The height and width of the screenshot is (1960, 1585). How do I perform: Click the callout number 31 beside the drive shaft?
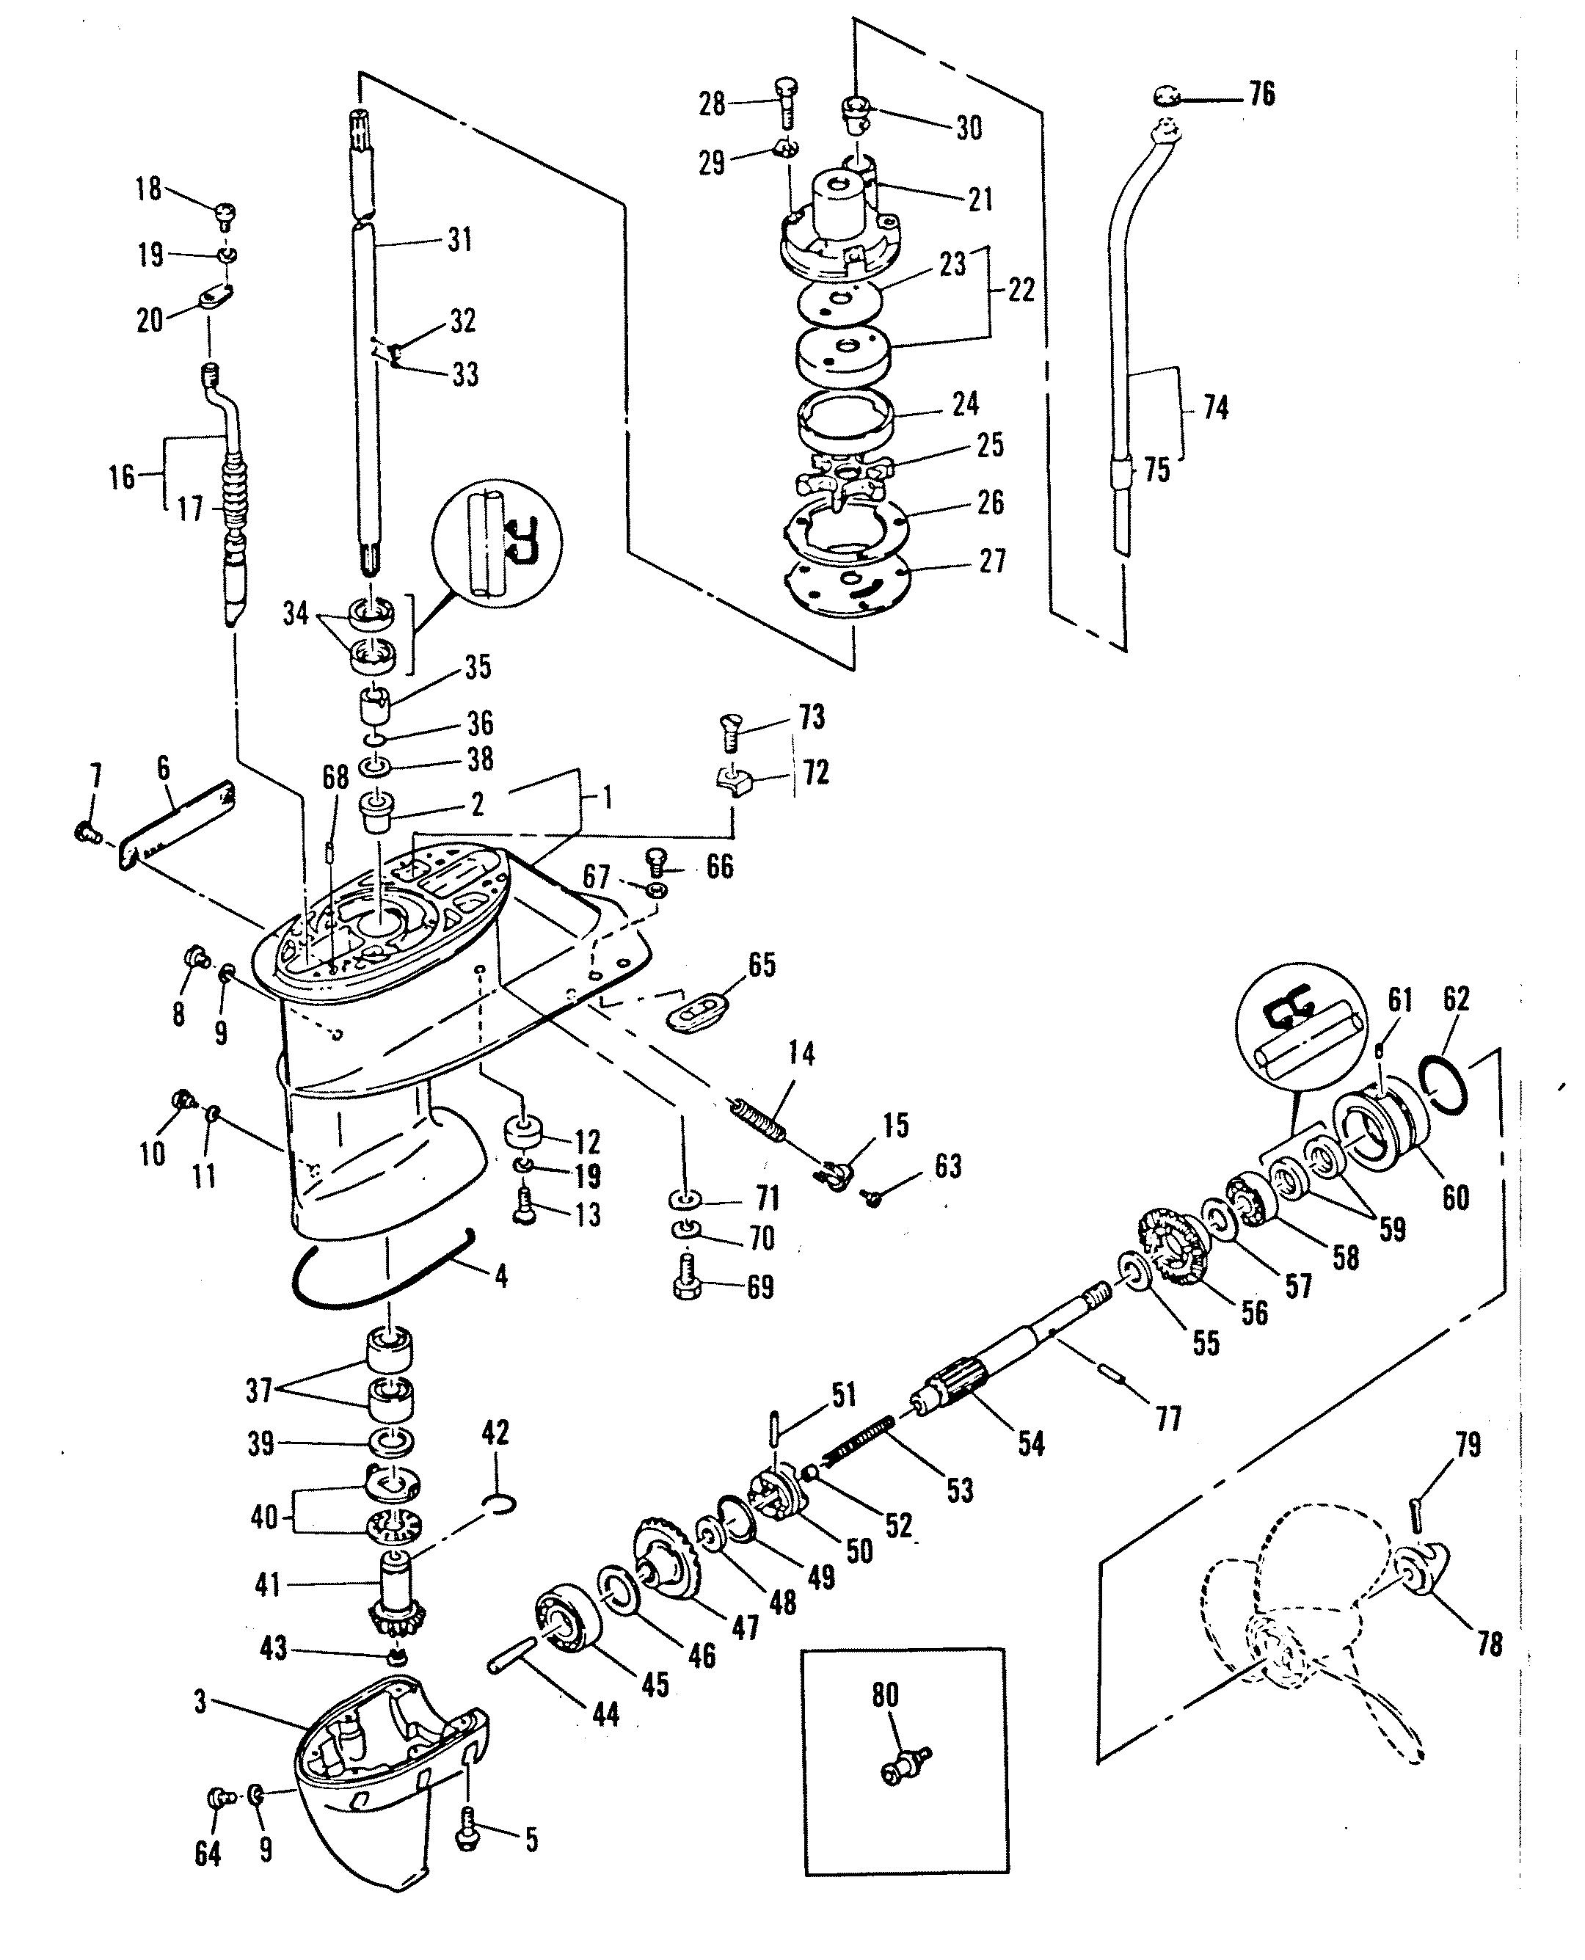click(x=459, y=240)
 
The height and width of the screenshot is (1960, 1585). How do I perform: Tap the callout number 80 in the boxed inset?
click(x=885, y=1695)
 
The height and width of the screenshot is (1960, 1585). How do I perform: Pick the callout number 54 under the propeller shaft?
click(x=1031, y=1444)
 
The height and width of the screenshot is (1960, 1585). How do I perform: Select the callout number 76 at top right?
click(x=1262, y=94)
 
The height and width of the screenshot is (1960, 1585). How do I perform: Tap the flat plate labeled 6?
click(x=178, y=820)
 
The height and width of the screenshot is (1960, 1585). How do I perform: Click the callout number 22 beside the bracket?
click(x=1021, y=291)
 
